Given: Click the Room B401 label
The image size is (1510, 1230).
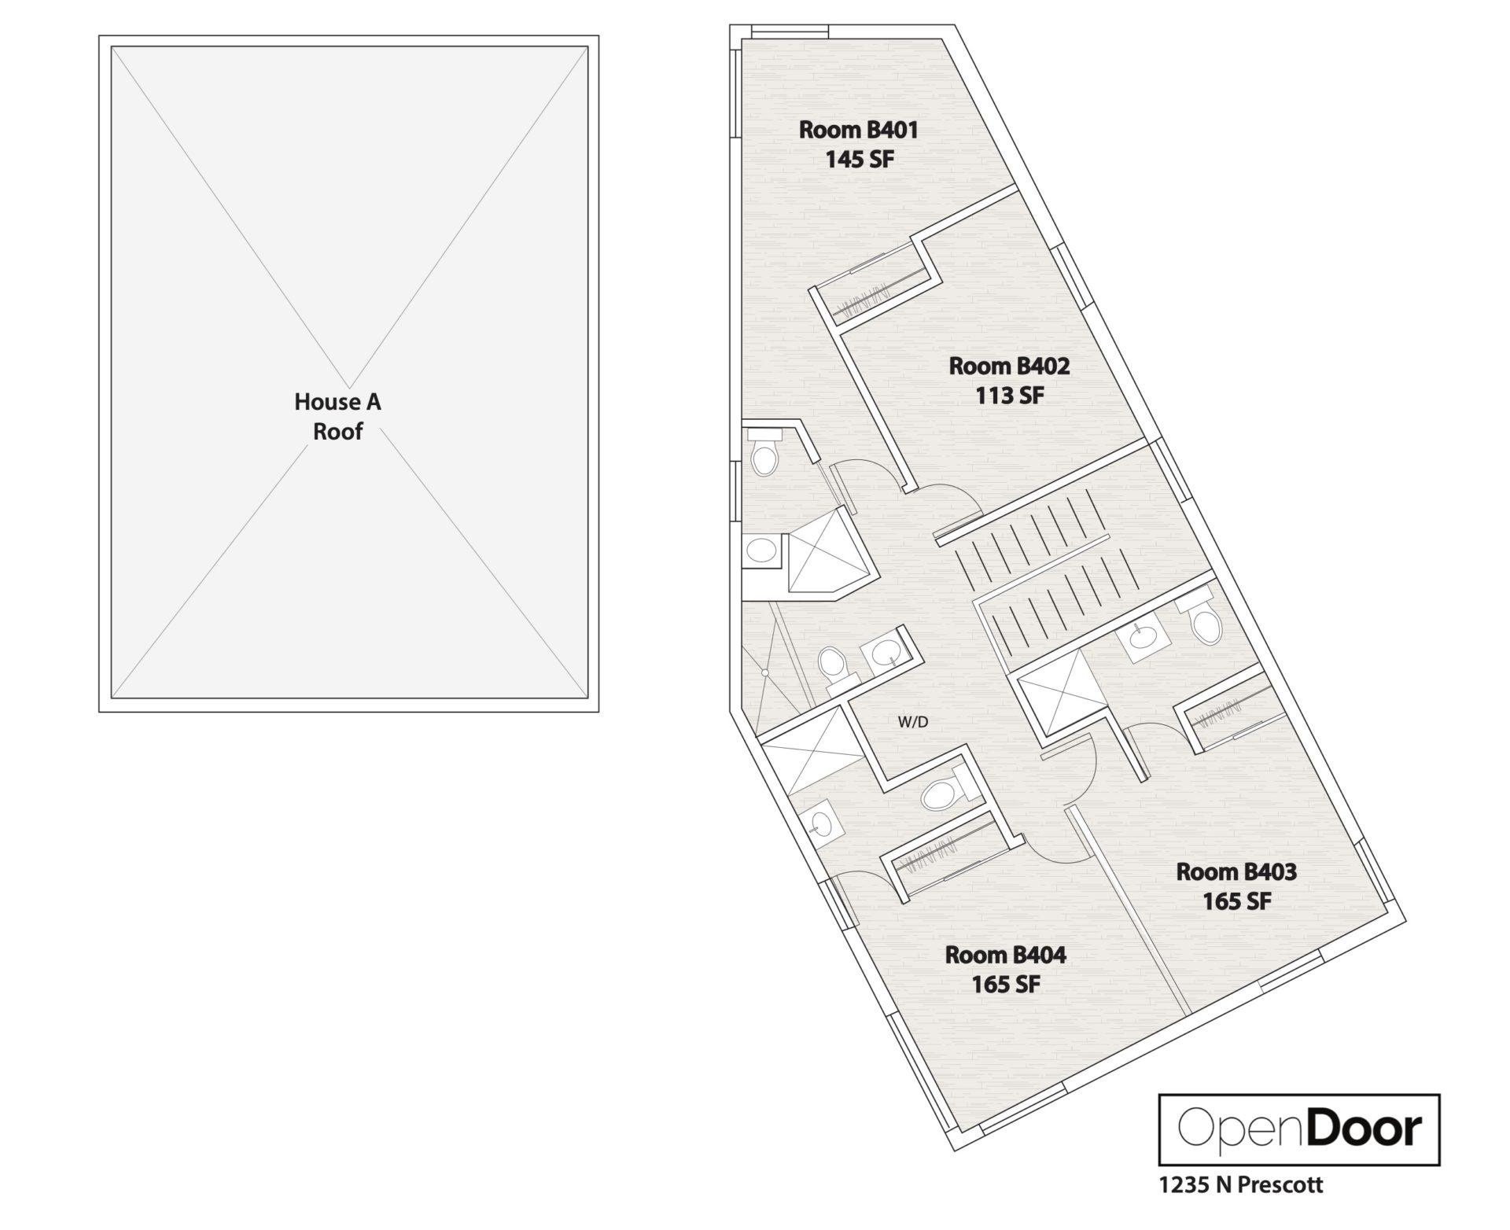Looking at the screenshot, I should pos(858,130).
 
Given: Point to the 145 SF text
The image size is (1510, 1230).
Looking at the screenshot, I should pos(859,160).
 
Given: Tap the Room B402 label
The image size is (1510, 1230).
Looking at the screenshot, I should pos(1009,366).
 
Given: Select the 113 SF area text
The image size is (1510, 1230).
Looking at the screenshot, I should pos(1010,396).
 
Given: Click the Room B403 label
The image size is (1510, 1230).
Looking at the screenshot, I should pos(1236,871).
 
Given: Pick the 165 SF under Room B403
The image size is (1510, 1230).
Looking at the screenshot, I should pos(1236,901).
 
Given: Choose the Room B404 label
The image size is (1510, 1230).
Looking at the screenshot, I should pos(1005,955).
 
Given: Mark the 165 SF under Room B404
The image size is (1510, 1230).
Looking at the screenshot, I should pos(1005,984).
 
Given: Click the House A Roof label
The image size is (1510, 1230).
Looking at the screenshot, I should pos(337,416).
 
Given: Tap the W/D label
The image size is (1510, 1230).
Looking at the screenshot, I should pos(913,721).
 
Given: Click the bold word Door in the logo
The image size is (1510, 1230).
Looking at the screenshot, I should pos(1364,1129).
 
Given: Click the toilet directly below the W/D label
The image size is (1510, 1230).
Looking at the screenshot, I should pos(938,795).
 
